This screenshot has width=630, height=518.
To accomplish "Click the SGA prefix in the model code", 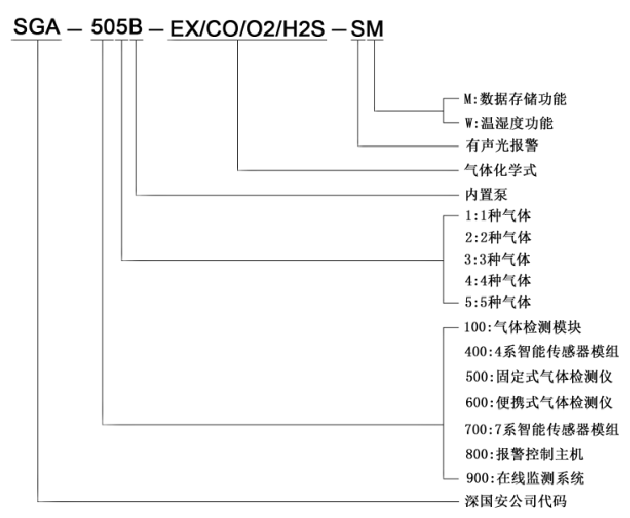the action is [x=37, y=27].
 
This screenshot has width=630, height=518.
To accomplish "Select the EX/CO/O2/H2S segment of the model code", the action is [x=248, y=29].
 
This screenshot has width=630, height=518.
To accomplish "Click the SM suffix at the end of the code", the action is [x=367, y=29].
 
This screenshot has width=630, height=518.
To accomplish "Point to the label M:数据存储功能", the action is [x=515, y=99].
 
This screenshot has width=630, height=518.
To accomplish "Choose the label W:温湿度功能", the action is [x=509, y=123].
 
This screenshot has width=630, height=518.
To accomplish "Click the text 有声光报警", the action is [x=502, y=146].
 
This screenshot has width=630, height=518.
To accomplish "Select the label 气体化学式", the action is [x=500, y=170].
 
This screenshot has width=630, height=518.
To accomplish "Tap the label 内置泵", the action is [x=486, y=195].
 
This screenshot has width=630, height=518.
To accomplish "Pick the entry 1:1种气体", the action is [x=498, y=216].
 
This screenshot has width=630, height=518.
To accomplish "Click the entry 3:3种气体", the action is [x=497, y=259].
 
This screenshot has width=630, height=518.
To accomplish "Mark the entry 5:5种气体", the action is [x=498, y=302].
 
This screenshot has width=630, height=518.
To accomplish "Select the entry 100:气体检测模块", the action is [x=522, y=327].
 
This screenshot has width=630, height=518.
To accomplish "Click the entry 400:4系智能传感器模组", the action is [x=542, y=352].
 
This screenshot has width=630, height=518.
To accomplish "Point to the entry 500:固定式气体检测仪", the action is [x=539, y=376].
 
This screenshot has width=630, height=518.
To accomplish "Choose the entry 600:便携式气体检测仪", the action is [x=539, y=402].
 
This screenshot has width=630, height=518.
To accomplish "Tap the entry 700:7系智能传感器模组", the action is [x=542, y=429].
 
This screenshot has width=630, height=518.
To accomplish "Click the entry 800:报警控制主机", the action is [x=524, y=454].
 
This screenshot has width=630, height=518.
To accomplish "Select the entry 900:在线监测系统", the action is [x=525, y=478].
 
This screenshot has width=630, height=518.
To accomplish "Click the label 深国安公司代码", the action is [x=516, y=501].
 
